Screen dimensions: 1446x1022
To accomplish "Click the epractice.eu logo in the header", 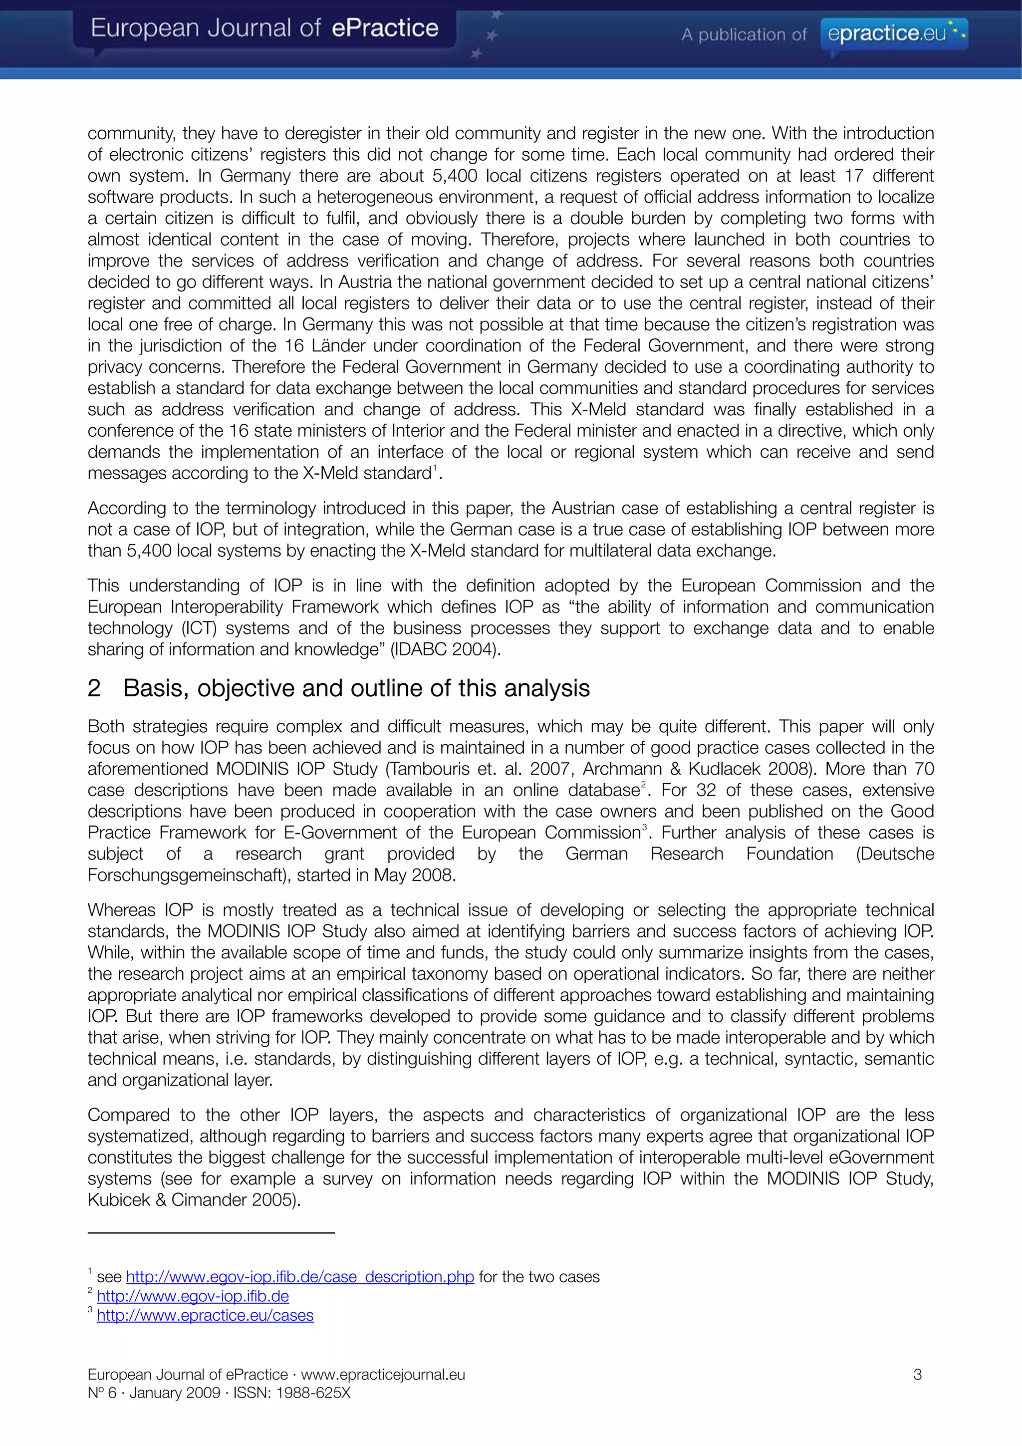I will coord(894,33).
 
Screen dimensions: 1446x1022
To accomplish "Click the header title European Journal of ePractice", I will coord(264,28).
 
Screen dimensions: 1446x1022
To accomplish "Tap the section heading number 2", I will coord(94,688).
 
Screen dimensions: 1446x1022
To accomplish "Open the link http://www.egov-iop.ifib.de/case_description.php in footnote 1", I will coord(300,1277).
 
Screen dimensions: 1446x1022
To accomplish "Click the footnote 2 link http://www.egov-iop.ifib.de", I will coord(193,1296).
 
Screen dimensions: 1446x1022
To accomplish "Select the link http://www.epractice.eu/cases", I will coord(205,1315).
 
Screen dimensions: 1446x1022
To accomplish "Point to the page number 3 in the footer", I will coord(918,1374).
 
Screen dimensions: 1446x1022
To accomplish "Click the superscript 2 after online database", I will coord(643,785).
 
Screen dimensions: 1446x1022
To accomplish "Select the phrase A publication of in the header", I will coord(744,34).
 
